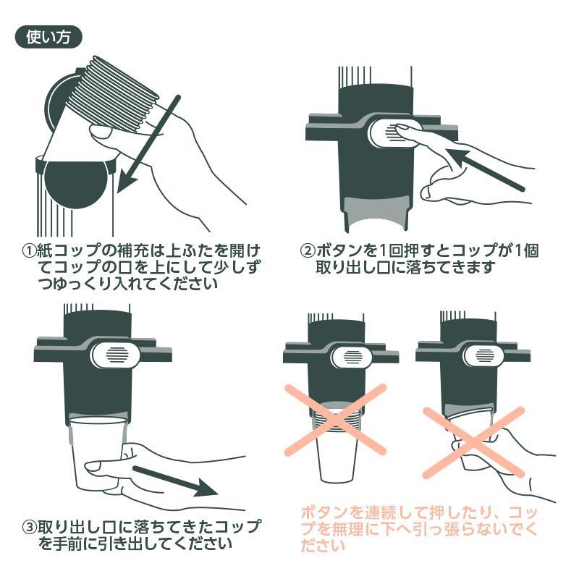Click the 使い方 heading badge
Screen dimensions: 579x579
click(48, 37)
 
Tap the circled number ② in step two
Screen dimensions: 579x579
click(307, 251)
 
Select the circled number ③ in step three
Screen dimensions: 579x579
click(28, 526)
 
